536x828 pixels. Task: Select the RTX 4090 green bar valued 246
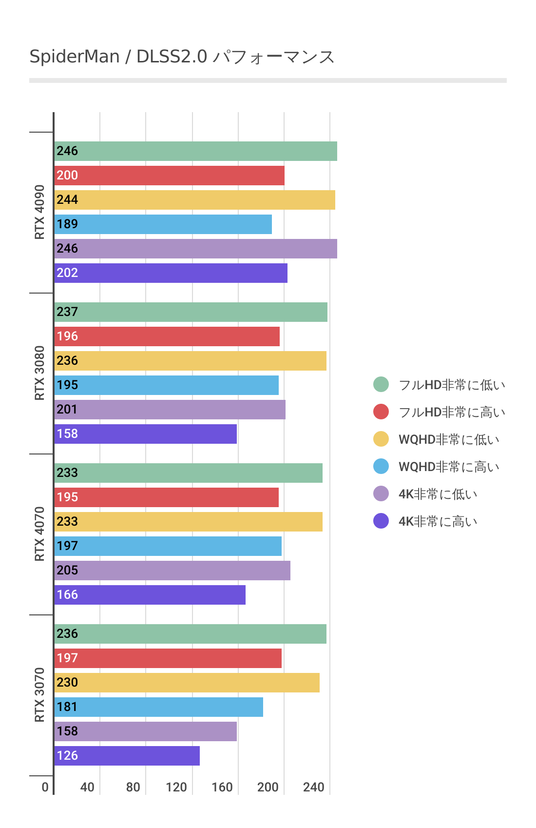(195, 151)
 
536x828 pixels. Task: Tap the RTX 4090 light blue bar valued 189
(163, 224)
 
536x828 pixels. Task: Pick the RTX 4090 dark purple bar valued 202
(171, 273)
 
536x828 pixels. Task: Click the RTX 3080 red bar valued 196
(167, 336)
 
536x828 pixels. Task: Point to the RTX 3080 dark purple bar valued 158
(145, 434)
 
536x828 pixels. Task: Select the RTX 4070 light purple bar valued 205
(172, 571)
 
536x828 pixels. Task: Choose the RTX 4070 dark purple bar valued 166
(150, 595)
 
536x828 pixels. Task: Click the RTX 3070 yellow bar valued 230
(187, 683)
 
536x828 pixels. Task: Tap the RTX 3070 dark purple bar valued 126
(127, 756)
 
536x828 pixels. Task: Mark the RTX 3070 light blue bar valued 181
(158, 707)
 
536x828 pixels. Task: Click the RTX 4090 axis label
(39, 212)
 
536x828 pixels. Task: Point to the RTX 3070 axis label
(39, 695)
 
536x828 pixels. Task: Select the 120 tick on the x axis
(176, 787)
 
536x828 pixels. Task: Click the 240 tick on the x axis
(314, 787)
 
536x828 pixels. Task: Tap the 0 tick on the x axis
(45, 787)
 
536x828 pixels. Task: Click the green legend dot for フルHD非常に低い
(381, 384)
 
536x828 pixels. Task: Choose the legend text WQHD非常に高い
(449, 467)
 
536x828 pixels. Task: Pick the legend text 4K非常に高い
(438, 521)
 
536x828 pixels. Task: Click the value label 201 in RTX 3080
(67, 410)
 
